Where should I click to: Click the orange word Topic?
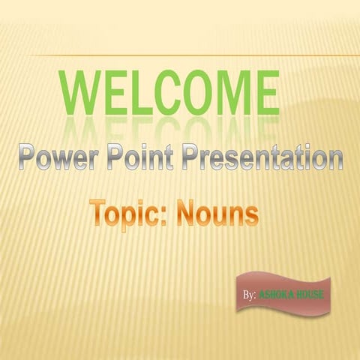126,214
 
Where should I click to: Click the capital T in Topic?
97,213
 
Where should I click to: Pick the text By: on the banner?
250,295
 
